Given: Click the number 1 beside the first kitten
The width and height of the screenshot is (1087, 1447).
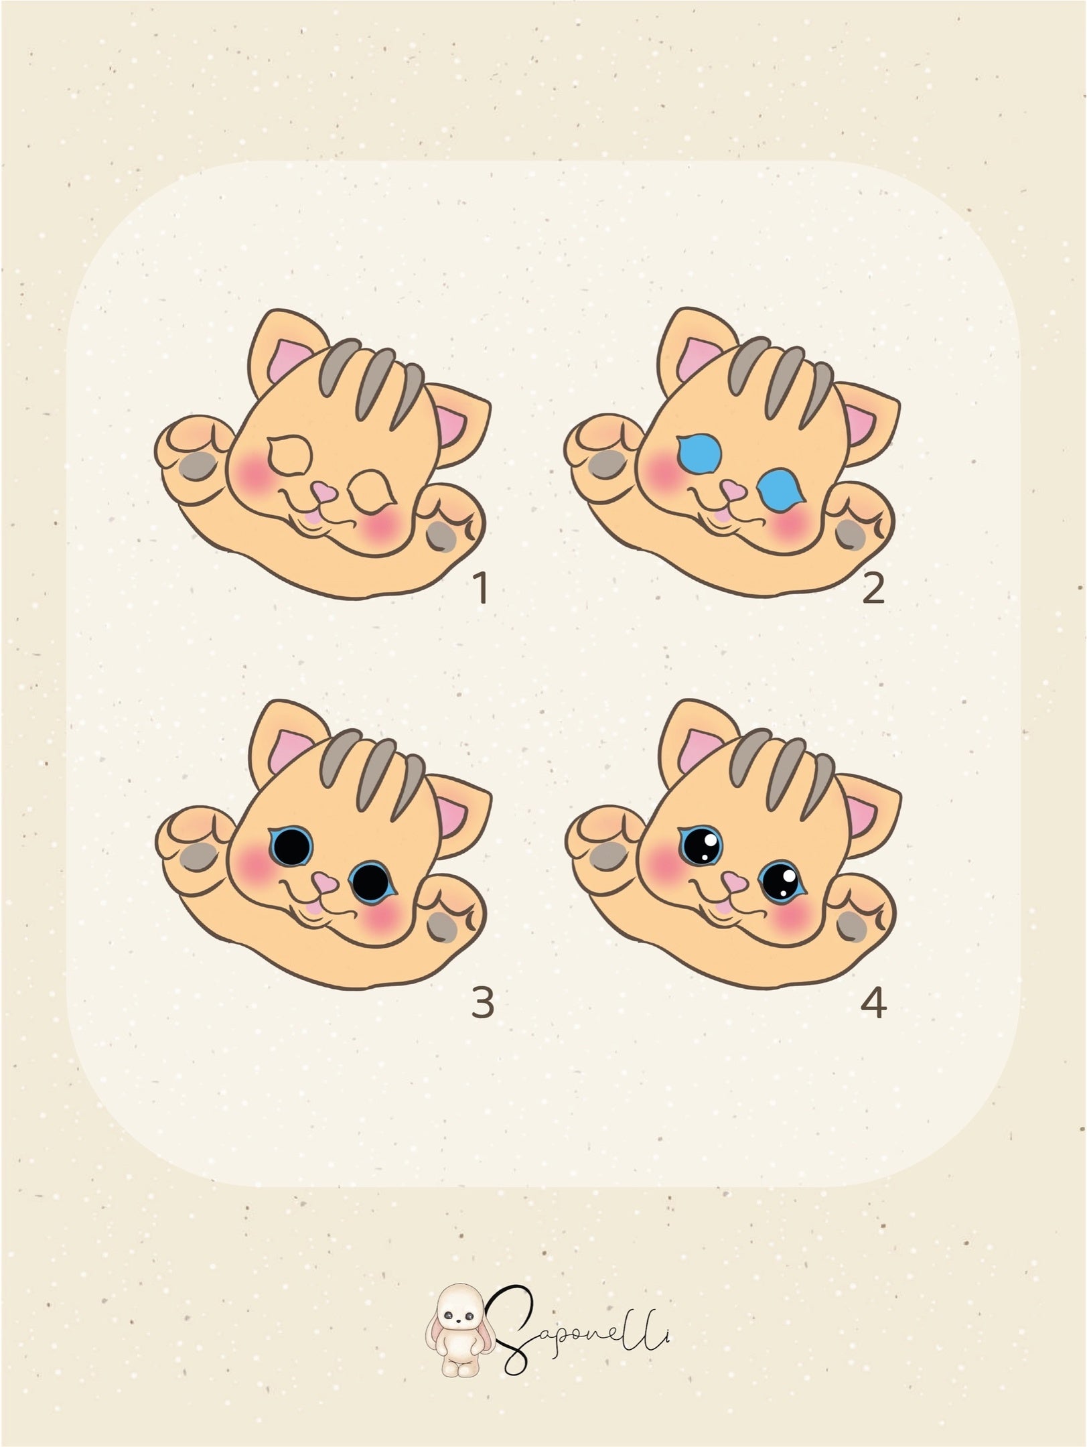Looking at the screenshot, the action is [480, 590].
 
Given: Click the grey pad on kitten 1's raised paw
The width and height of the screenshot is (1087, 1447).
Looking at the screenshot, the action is [197, 464].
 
